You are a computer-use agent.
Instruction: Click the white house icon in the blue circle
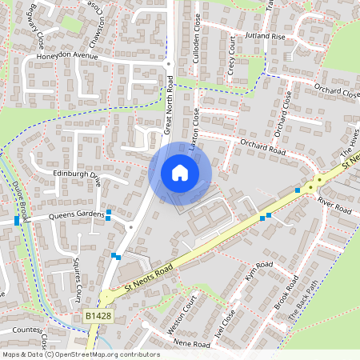180,172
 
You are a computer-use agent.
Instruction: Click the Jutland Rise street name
266,37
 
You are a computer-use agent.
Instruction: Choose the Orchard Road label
262,146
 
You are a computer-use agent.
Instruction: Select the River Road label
334,205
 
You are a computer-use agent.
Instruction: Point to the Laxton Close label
194,129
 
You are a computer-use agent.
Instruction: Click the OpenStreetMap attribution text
80,354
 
